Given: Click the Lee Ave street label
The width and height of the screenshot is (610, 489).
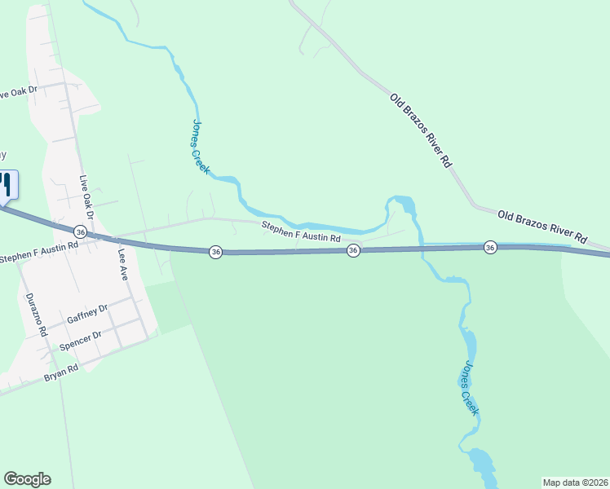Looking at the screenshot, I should coord(124,259).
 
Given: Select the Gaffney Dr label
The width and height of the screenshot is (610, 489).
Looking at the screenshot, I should coord(87,313).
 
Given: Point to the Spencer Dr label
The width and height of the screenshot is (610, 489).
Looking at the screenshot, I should coord(80,340).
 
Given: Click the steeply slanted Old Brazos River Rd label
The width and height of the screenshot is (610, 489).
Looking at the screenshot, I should coord(421,130).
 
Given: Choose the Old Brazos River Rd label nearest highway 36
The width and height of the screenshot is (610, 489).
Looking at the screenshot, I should coord(542,226).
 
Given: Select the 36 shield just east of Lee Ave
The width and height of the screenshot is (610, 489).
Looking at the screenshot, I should coord(215,252).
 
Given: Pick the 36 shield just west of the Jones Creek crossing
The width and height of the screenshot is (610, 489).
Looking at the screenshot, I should coord(353,250).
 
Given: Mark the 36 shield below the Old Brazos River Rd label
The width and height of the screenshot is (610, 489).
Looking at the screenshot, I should coord(490,247).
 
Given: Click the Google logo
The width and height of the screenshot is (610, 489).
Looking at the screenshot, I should coord(27,479).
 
